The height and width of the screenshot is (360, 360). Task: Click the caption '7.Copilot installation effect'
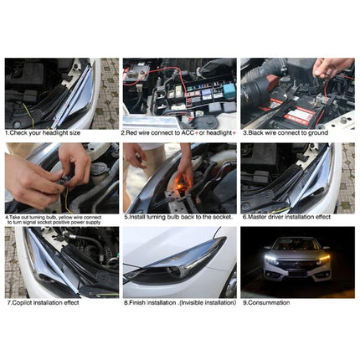pyautogui.click(x=45, y=302)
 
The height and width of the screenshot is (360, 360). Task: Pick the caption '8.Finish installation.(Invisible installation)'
pyautogui.click(x=179, y=302)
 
